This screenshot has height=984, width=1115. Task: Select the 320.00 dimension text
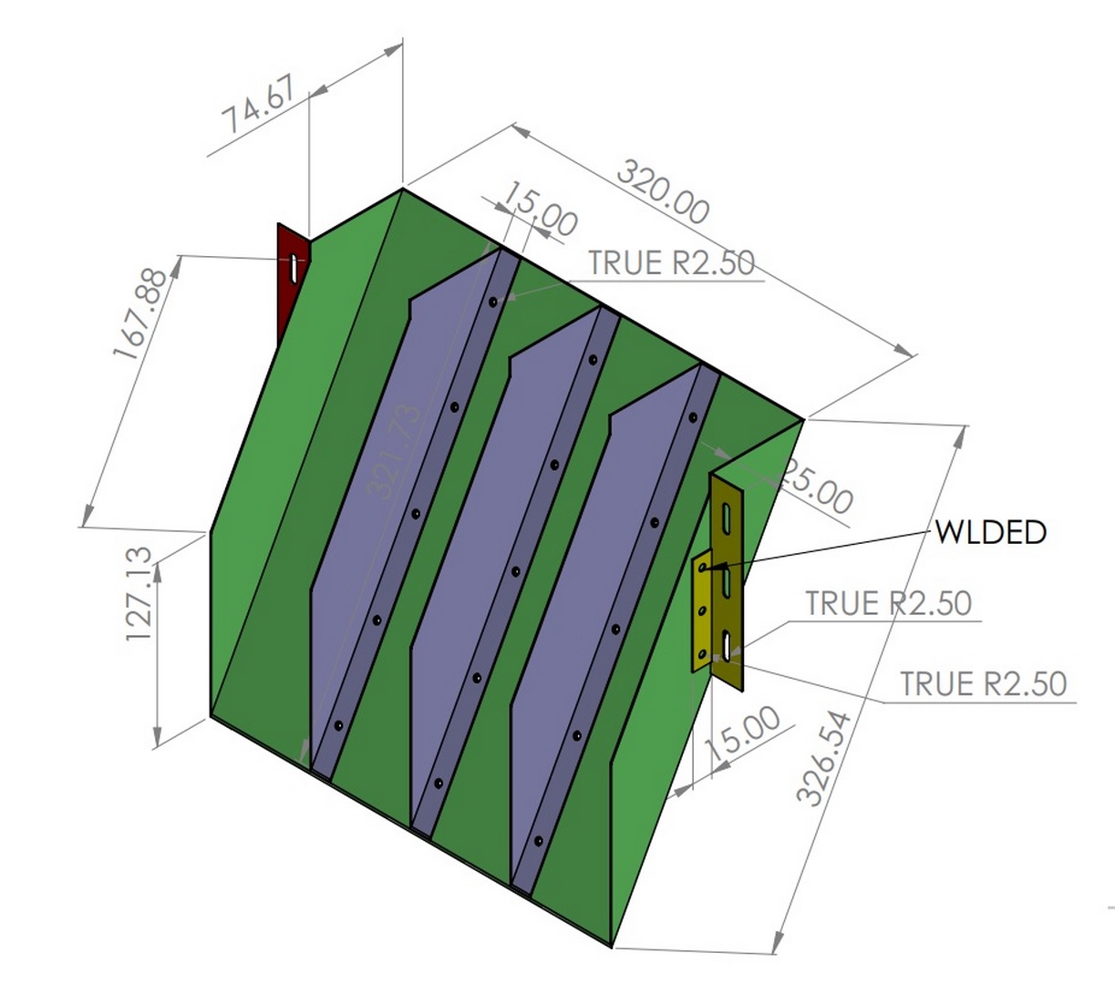click(663, 192)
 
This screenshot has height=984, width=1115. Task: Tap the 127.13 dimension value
click(139, 593)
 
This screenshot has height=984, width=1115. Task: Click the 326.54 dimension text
click(823, 758)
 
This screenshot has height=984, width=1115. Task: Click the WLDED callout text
click(990, 532)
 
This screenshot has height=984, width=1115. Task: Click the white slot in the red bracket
click(294, 267)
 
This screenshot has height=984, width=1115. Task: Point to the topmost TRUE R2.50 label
click(671, 262)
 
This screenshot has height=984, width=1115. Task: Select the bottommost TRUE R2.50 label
click(983, 683)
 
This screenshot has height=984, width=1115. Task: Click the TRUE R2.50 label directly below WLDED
click(888, 603)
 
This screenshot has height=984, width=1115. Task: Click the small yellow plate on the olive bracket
click(702, 610)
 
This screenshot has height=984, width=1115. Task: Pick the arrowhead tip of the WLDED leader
click(704, 569)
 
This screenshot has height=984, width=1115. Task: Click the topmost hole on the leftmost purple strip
click(492, 301)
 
